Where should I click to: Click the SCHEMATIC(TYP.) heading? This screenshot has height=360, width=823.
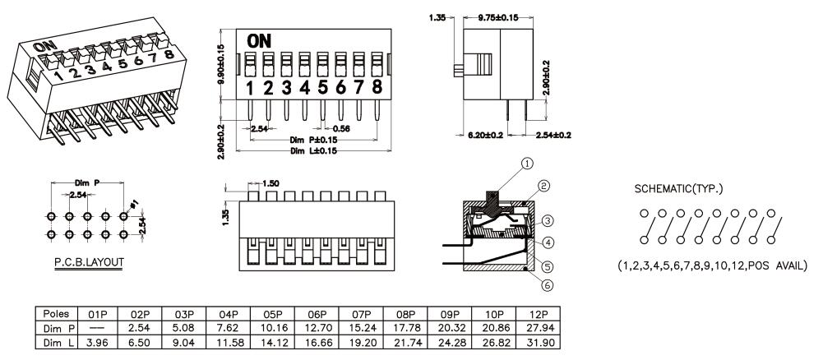[679, 188]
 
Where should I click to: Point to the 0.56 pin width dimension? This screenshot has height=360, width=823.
[341, 128]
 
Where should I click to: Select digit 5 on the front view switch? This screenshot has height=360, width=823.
[322, 87]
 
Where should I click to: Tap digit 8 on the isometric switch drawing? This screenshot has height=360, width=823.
[168, 57]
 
